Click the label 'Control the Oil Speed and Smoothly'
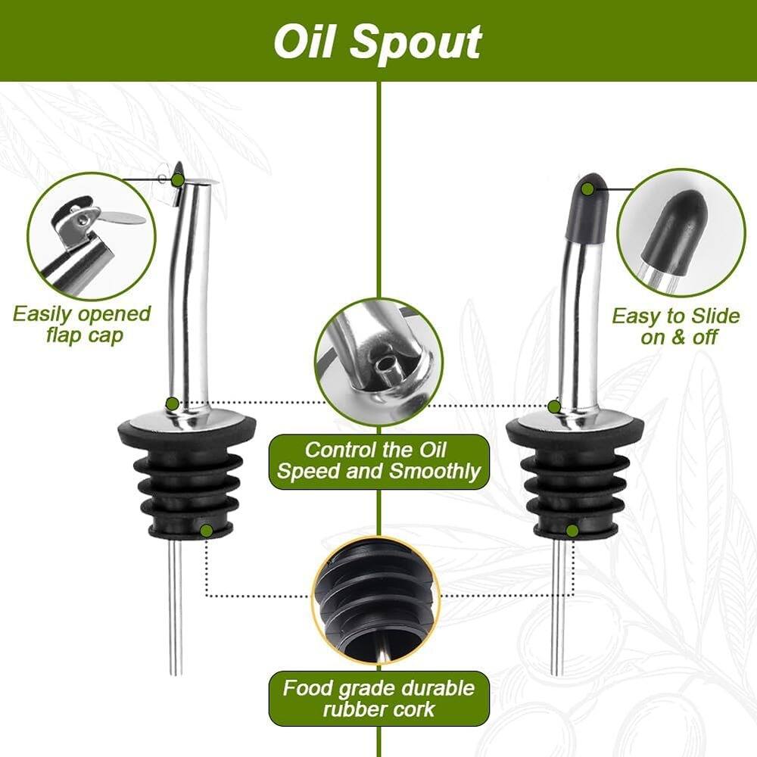pyautogui.click(x=379, y=460)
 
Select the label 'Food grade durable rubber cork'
pyautogui.click(x=379, y=698)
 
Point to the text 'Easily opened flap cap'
pyautogui.click(x=82, y=324)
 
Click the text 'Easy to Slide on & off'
pyautogui.click(x=676, y=326)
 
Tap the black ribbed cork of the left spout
pyautogui.click(x=179, y=481)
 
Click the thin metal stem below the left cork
pyautogui.click(x=175, y=606)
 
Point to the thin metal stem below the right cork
pyautogui.click(x=557, y=606)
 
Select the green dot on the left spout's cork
pyautogui.click(x=206, y=531)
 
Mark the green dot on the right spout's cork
pyautogui.click(x=572, y=531)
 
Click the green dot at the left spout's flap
pyautogui.click(x=177, y=179)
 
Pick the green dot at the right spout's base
pyautogui.click(x=554, y=407)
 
